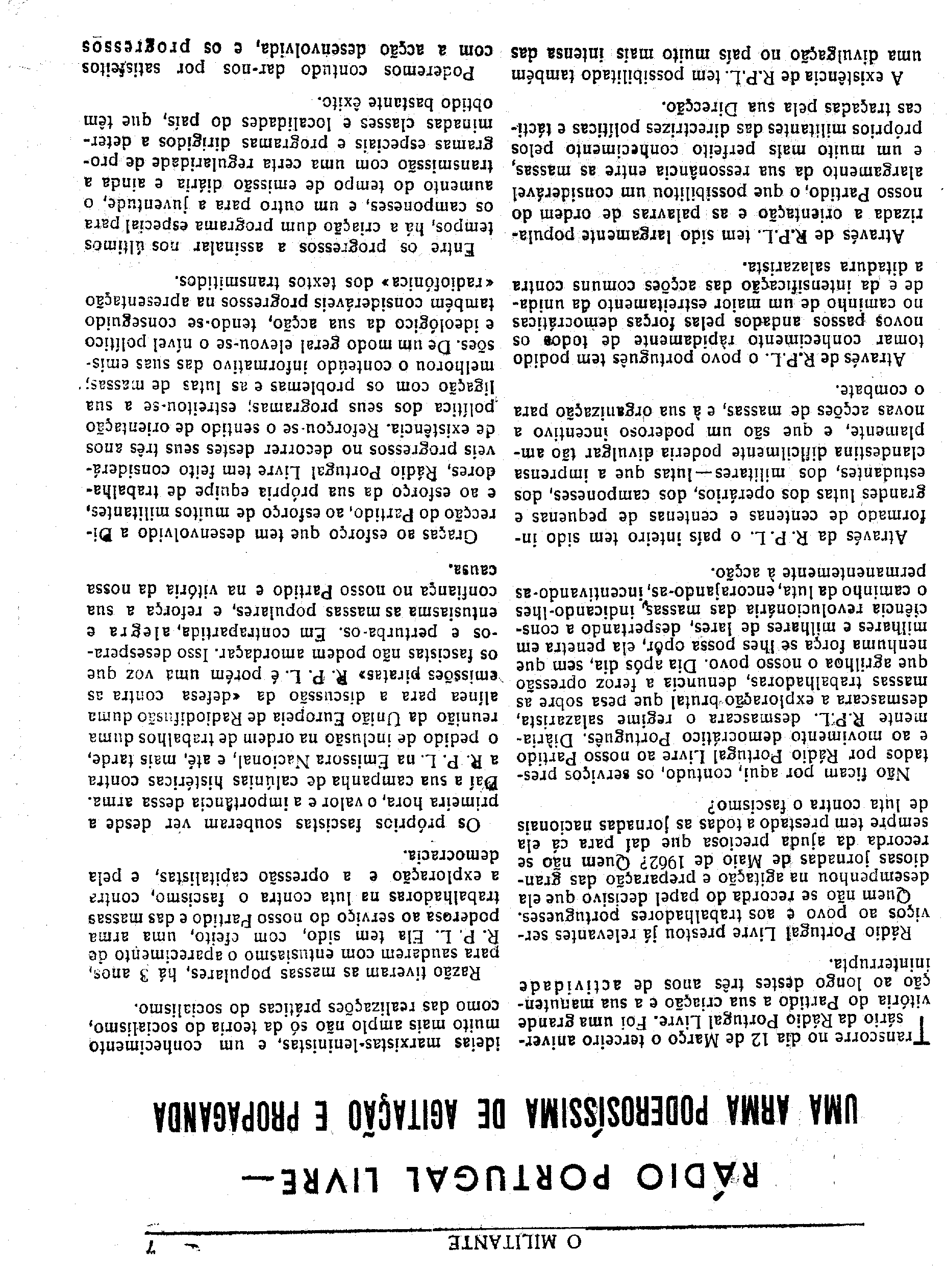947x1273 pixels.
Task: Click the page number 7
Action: click(153, 1240)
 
